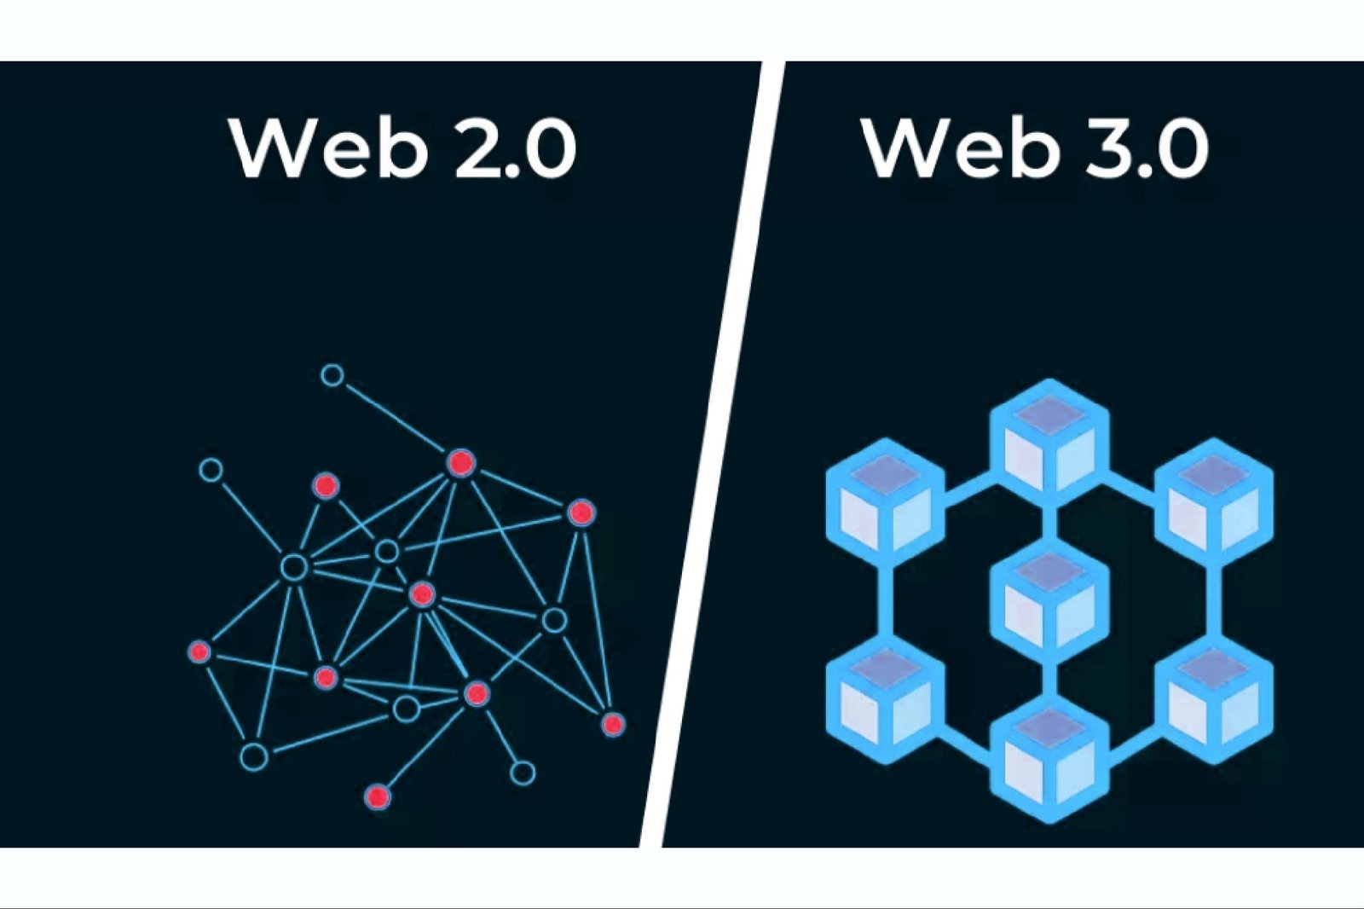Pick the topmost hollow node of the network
(332, 375)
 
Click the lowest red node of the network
(378, 797)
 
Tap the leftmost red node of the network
(199, 652)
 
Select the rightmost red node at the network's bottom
(612, 724)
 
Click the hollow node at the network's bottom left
(253, 756)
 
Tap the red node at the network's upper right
(581, 512)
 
